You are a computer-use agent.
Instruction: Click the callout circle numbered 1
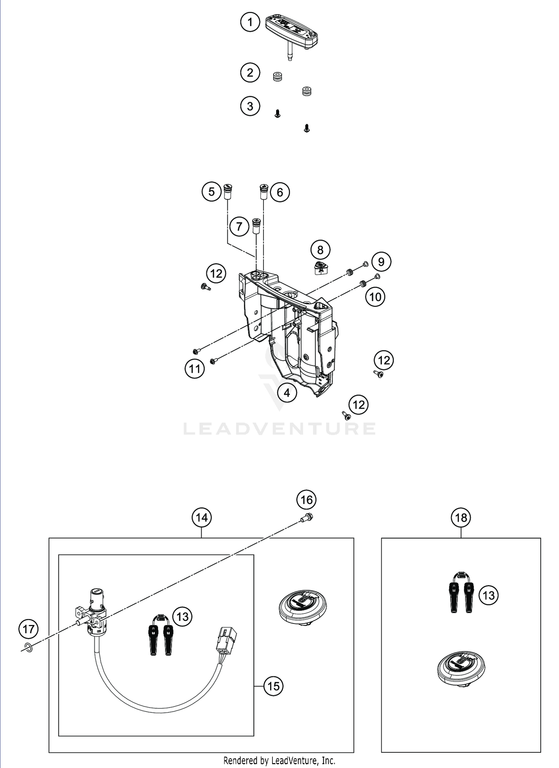250,22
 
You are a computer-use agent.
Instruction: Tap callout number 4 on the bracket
287,393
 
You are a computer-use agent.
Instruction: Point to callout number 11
195,369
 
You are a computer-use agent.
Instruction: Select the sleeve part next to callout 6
264,192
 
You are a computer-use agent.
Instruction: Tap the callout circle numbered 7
239,226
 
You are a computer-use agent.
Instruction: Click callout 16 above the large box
306,499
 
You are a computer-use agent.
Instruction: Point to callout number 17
29,629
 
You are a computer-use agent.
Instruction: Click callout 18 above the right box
461,517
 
